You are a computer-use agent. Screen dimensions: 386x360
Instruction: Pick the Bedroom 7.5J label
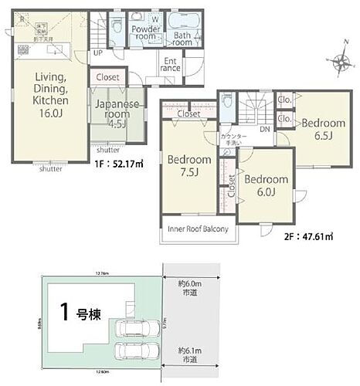[188, 166]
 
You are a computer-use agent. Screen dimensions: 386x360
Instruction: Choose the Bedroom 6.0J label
[266, 185]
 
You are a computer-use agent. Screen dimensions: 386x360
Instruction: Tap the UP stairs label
[98, 52]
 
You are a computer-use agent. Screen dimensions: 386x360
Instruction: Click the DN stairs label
[264, 130]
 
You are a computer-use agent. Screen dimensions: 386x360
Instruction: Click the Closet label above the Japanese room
[108, 77]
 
